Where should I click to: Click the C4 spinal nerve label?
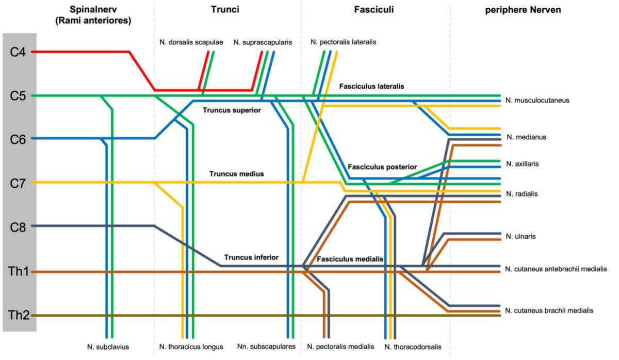(19, 52)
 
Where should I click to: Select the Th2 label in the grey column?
(19, 315)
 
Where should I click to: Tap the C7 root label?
(19, 183)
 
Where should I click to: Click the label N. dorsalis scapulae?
(191, 42)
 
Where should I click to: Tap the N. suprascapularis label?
(263, 42)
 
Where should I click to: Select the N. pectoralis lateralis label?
(344, 42)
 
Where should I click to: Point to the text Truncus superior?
(232, 110)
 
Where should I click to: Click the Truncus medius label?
(237, 174)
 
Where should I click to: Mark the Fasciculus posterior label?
(382, 167)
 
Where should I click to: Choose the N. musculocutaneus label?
(537, 100)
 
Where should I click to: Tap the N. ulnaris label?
(521, 236)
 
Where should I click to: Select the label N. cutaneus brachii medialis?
(549, 310)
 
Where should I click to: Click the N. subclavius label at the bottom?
(108, 347)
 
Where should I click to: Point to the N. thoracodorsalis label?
(413, 347)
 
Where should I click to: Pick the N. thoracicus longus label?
(191, 347)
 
